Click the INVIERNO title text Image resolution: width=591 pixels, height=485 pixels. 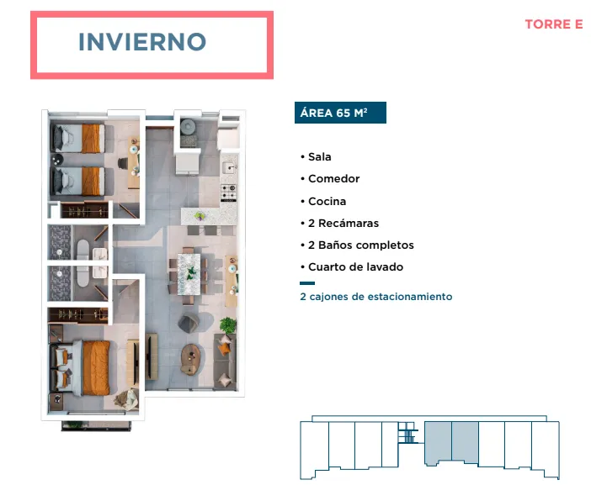(142, 42)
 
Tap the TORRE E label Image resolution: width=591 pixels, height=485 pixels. (554, 24)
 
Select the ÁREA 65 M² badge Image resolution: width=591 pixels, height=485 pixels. (340, 113)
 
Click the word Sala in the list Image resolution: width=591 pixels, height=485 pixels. (320, 156)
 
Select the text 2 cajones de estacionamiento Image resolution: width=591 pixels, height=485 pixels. (376, 297)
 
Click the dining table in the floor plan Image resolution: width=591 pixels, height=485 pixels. (189, 274)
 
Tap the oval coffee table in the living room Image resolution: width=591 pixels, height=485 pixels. (191, 359)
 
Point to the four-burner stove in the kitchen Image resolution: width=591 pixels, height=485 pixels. (228, 192)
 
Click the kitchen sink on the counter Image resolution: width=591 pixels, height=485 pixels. (229, 167)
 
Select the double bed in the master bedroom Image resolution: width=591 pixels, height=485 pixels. (80, 367)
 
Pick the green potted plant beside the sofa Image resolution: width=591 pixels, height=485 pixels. (228, 325)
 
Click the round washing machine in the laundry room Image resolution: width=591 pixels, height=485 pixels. (188, 126)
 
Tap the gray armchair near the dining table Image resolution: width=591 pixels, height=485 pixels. (189, 323)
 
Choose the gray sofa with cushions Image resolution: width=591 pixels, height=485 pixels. (225, 361)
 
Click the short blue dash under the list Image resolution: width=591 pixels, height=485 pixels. (307, 283)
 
